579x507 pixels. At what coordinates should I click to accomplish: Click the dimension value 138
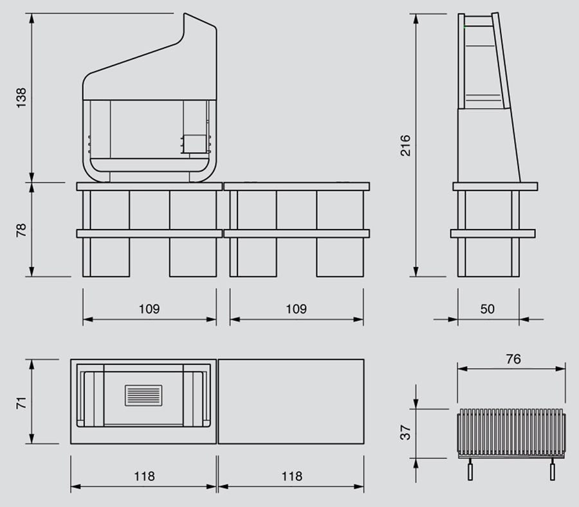point(21,98)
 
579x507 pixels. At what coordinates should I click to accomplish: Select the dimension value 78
point(21,230)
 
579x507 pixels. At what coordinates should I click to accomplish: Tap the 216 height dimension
point(405,145)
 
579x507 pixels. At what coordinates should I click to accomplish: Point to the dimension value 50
point(488,309)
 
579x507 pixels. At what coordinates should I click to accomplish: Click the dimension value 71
point(21,403)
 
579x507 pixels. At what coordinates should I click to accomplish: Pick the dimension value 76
point(513,359)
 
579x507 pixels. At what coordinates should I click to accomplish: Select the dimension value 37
point(405,432)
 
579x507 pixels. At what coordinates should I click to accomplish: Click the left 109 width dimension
point(149,309)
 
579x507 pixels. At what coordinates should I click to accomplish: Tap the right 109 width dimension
point(296,309)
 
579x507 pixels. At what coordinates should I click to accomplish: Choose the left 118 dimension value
point(144,476)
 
